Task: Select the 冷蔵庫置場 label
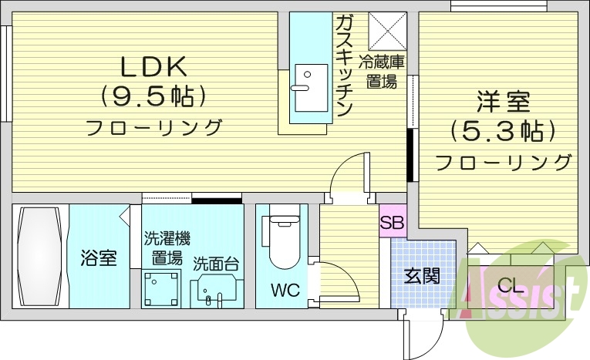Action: point(382,72)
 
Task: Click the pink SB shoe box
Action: point(391,224)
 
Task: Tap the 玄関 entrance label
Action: point(422,275)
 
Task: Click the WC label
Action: point(282,290)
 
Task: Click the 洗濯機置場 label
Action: point(167,247)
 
